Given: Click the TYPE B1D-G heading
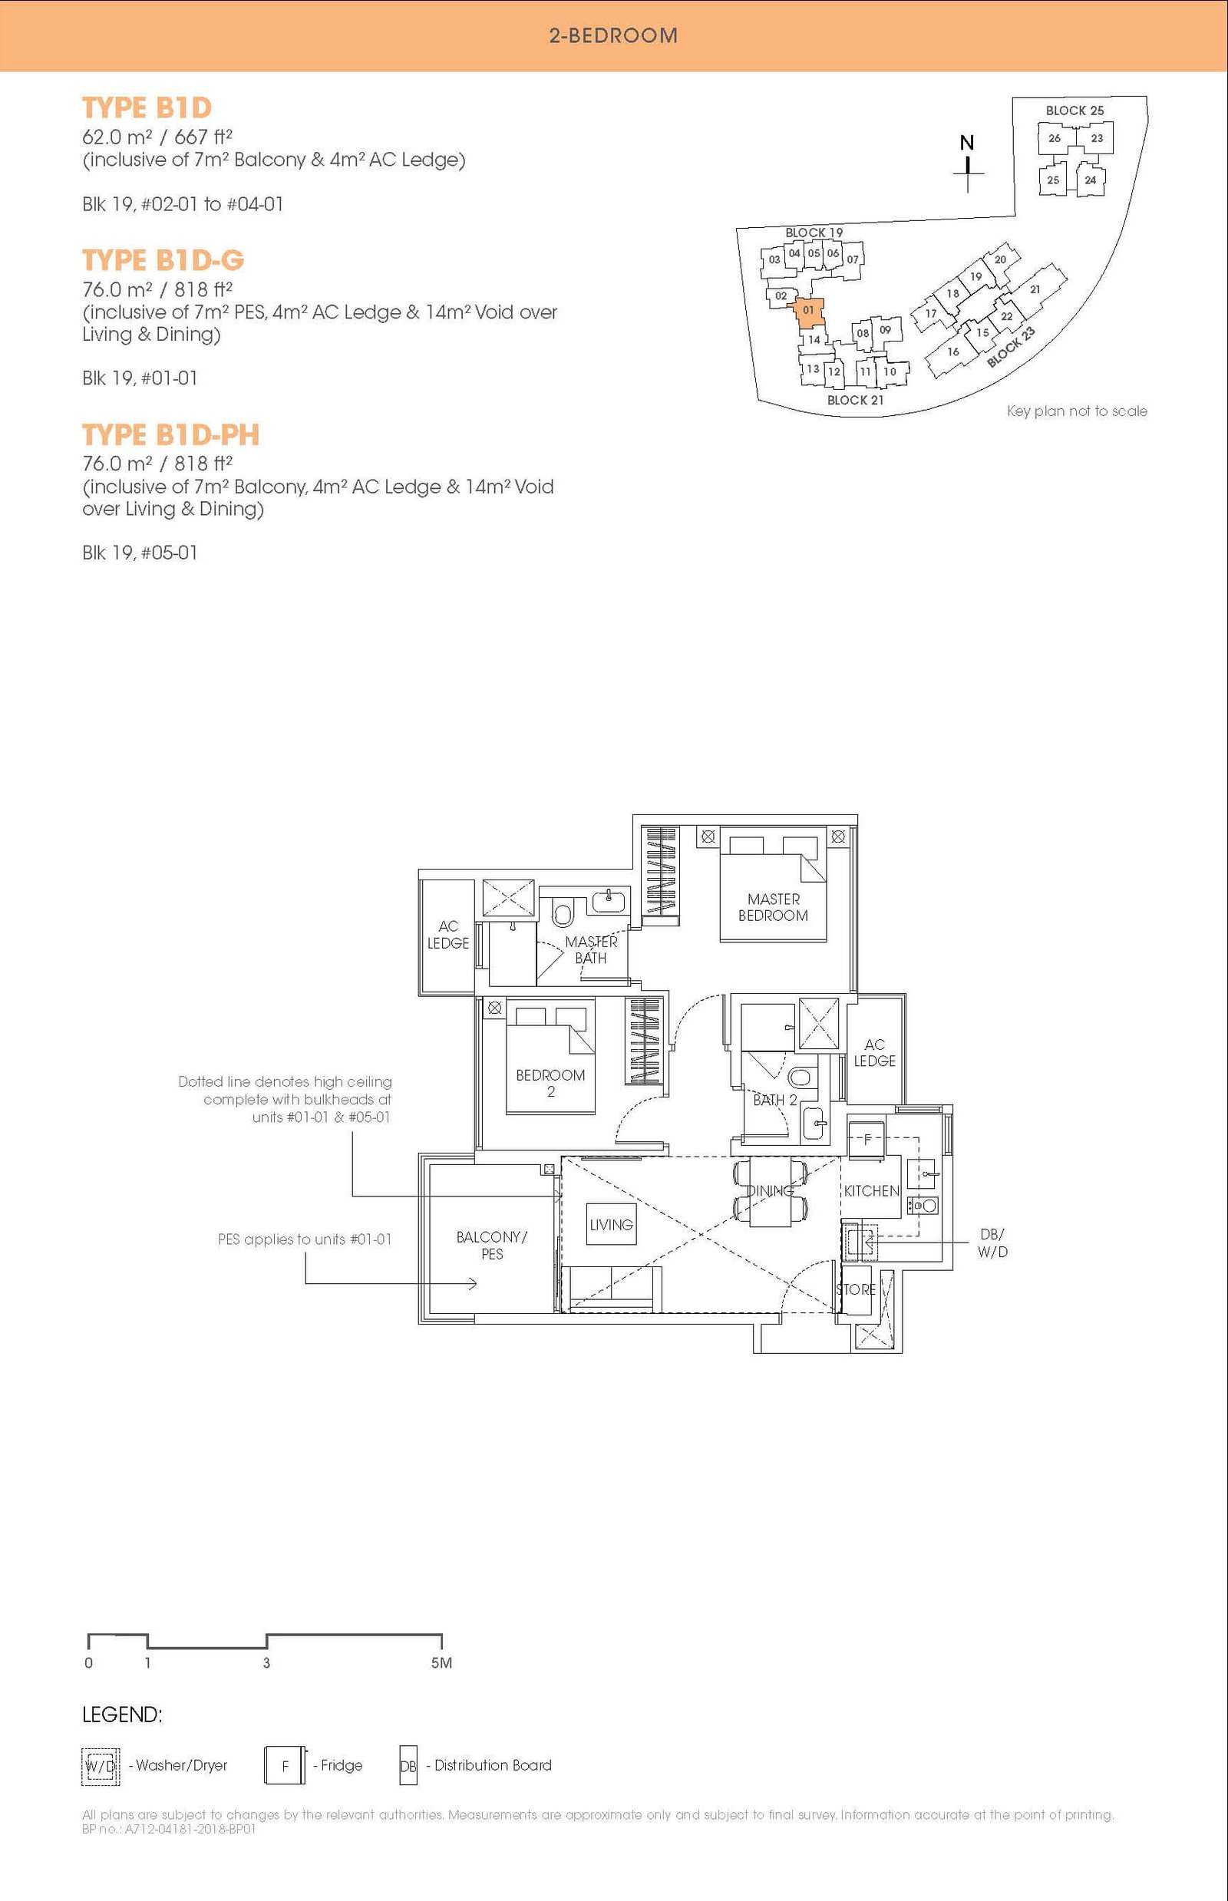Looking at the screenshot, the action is (x=163, y=260).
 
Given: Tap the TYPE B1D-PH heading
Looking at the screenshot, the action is (x=170, y=434).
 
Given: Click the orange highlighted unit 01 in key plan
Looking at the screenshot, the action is (x=809, y=312).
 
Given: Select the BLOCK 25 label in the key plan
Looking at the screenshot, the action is (x=1075, y=110).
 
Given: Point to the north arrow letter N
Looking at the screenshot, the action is (x=966, y=143).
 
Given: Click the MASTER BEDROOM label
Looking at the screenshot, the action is (x=774, y=907).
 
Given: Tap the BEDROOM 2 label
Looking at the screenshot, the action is (x=550, y=1083).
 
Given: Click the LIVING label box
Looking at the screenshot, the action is (x=612, y=1224).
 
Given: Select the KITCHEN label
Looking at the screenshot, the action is (x=872, y=1190).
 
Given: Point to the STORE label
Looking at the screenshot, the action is (x=856, y=1289).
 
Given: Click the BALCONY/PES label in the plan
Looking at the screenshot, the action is (x=492, y=1246).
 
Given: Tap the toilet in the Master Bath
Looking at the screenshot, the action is (x=563, y=914).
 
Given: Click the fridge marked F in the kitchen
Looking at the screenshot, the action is (x=866, y=1138).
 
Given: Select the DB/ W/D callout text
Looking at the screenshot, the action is (x=993, y=1243).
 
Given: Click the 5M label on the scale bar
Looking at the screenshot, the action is (x=442, y=1662).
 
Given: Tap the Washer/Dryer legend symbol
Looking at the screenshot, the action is (x=101, y=1765).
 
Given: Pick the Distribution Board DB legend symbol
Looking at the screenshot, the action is (x=408, y=1766).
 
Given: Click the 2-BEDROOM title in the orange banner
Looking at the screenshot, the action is (x=613, y=35).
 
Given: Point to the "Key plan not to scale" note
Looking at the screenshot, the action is (x=1078, y=411).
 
